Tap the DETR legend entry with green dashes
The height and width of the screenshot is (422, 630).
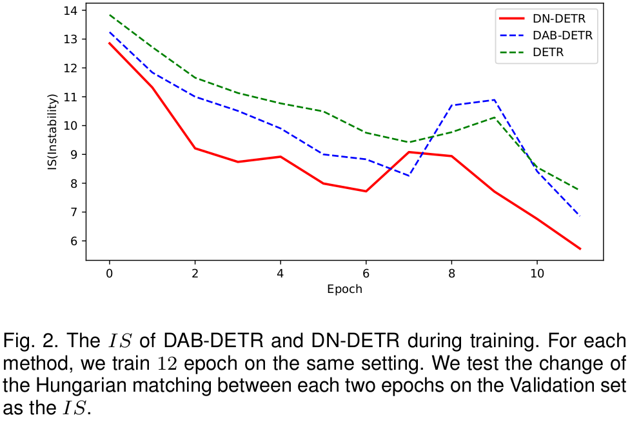click(549, 52)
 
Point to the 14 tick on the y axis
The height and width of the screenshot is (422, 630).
click(70, 10)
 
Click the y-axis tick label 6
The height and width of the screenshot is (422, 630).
click(74, 241)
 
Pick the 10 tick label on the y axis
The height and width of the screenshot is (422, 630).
click(70, 126)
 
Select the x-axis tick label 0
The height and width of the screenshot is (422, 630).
click(109, 274)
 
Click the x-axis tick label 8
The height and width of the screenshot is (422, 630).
click(452, 274)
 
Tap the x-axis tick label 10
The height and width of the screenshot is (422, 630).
click(537, 274)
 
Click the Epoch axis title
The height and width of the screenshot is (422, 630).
click(344, 289)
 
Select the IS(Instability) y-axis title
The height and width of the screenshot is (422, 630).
click(52, 132)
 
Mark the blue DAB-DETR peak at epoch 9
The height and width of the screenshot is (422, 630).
click(494, 100)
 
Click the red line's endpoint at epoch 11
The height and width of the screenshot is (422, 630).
click(580, 249)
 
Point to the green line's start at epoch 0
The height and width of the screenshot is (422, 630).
click(109, 15)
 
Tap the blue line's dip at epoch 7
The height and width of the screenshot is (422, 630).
click(409, 176)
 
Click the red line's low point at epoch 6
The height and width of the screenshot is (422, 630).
click(366, 191)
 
